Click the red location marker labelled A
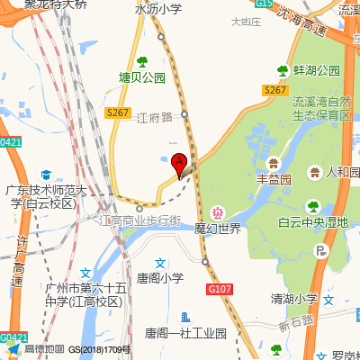(179, 164)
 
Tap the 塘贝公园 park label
(143, 78)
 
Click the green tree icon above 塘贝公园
(141, 61)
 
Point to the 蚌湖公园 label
(316, 70)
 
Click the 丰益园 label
(274, 179)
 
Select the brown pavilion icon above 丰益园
(274, 162)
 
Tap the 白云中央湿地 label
(312, 222)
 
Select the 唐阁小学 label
(159, 278)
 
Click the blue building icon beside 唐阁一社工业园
(186, 316)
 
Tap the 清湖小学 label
(294, 298)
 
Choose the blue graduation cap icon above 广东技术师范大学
(46, 174)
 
